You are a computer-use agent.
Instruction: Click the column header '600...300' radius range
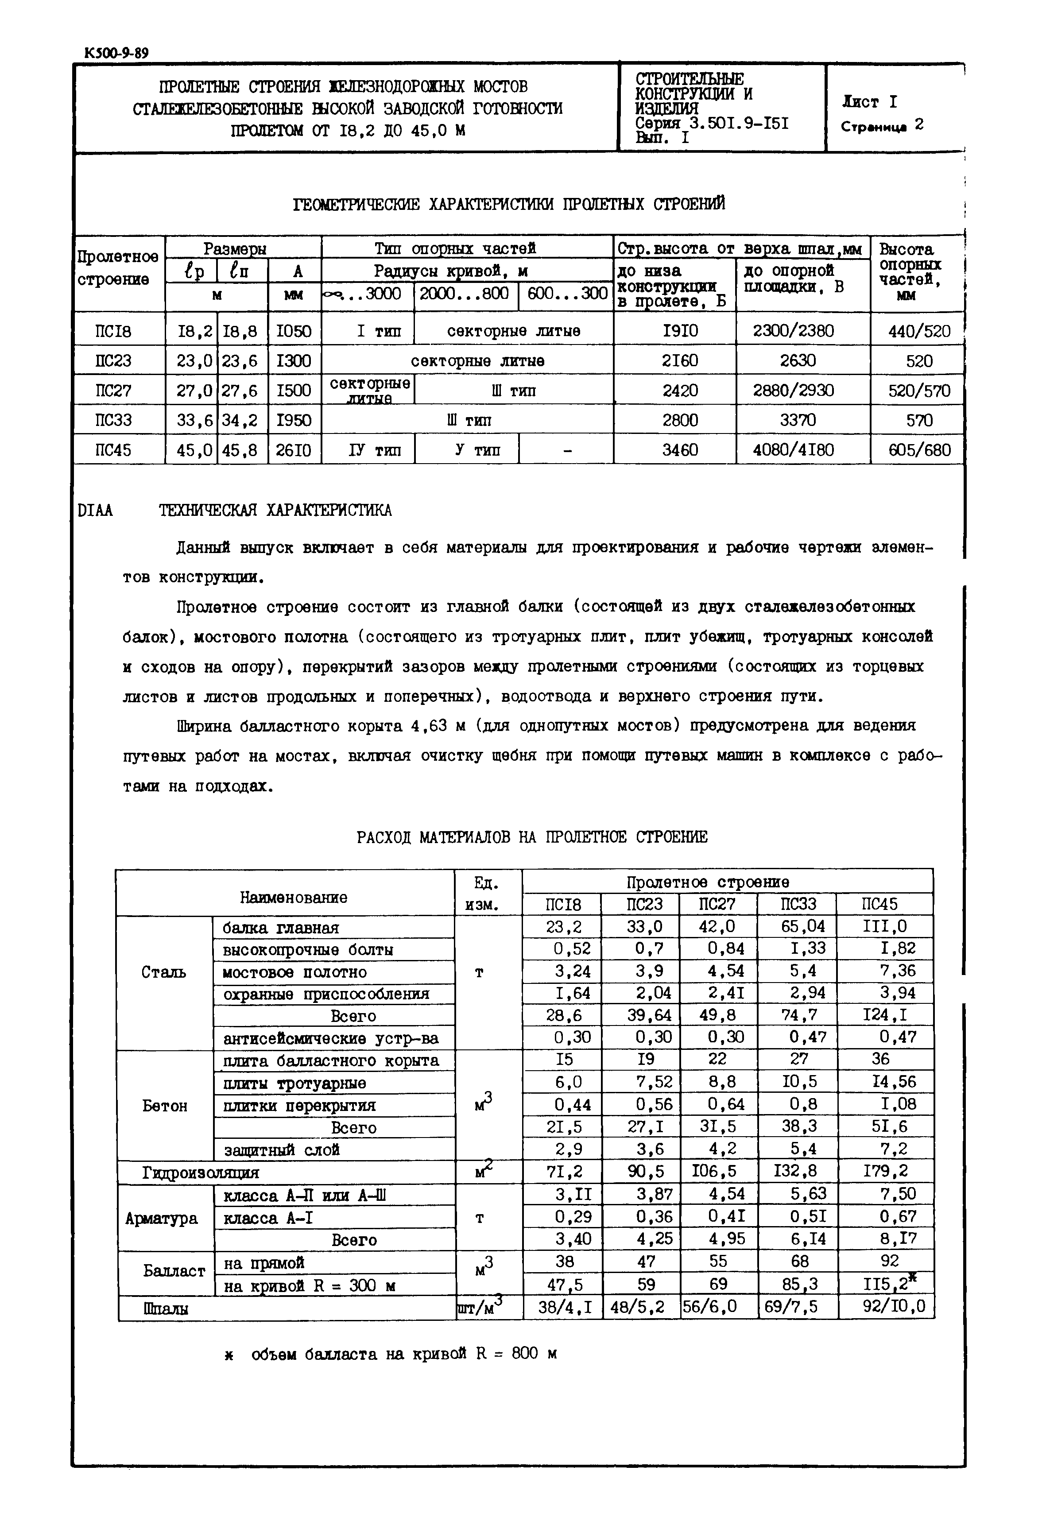pos(567,294)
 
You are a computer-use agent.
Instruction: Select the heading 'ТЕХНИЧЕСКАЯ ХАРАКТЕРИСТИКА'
pos(275,511)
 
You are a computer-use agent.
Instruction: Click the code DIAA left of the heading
pos(96,511)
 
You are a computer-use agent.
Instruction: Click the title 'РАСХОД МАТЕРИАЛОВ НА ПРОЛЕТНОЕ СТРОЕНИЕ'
pos(532,837)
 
